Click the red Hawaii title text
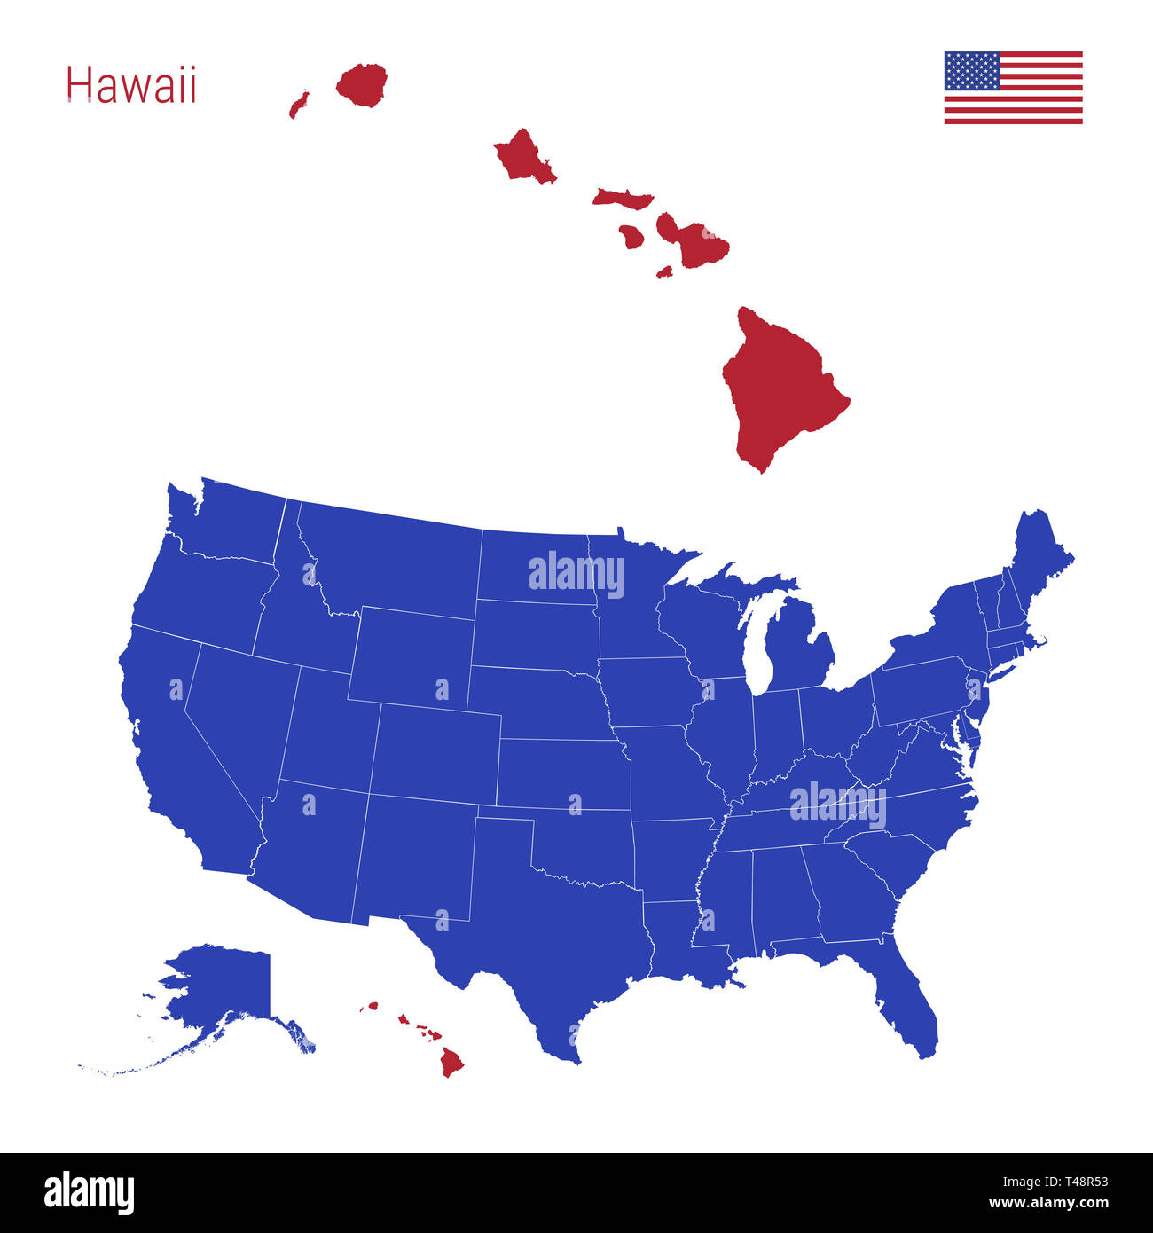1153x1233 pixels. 131,86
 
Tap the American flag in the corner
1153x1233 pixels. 1013,88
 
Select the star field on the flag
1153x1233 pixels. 972,71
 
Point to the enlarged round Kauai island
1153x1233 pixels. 362,83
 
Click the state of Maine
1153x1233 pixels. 1038,559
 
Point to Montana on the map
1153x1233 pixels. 390,559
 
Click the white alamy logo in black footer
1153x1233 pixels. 89,1192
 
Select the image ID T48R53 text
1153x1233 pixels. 1056,1181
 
